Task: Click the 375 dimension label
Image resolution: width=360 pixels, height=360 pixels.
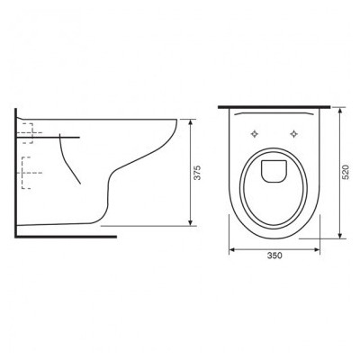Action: pos(197,173)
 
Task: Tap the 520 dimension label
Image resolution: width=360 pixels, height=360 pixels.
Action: pos(346,172)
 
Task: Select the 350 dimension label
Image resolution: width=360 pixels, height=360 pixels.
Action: pos(274,256)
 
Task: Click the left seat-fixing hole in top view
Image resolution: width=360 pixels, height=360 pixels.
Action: pos(255,134)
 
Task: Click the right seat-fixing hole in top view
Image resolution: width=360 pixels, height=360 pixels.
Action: pos(294,134)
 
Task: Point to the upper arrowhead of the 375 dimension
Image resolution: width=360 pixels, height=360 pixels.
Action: pos(190,122)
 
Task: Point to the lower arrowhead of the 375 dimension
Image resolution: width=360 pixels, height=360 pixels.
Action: pos(190,222)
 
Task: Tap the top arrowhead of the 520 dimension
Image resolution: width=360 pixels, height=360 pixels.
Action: pos(340,111)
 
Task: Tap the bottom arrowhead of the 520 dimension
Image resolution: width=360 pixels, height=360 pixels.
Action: pos(340,236)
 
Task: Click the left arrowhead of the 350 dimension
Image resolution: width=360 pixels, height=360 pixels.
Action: pos(232,249)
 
